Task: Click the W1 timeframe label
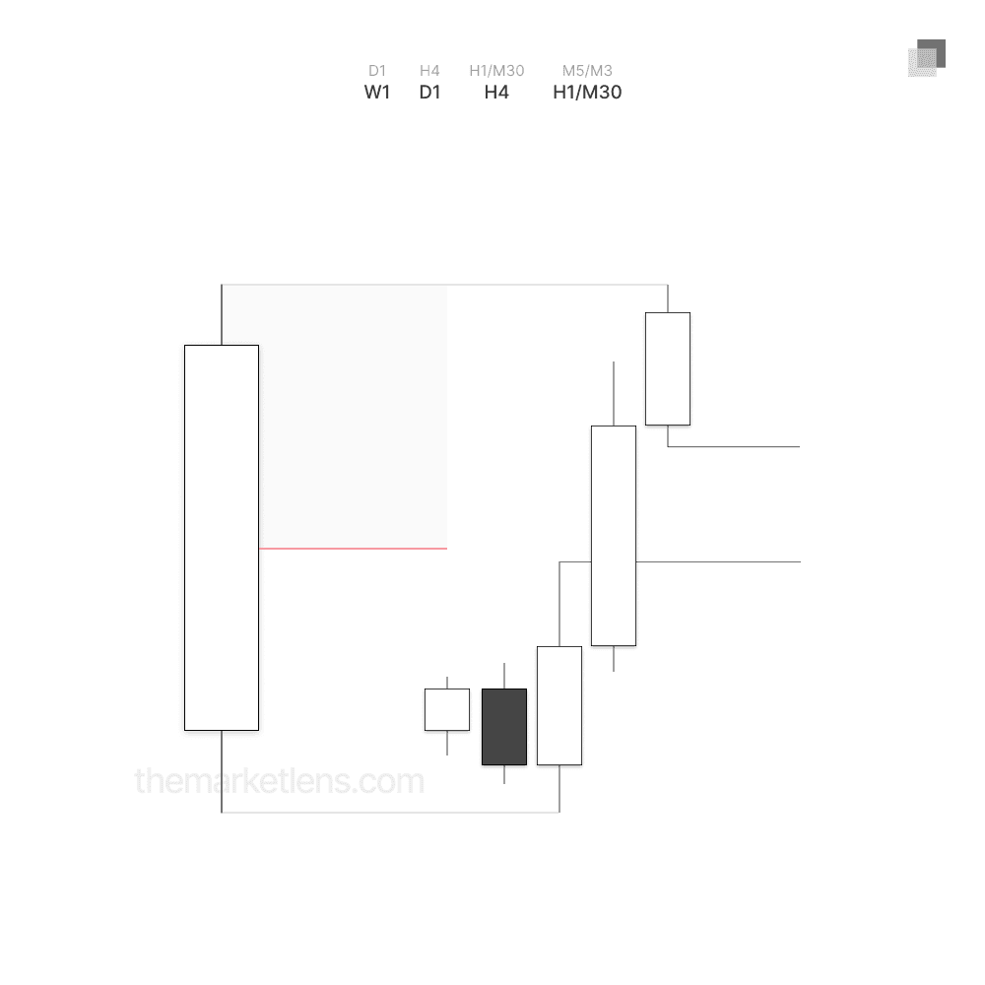click(377, 93)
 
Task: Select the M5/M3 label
click(587, 70)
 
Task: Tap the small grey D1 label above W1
click(377, 70)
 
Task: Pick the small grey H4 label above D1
click(429, 70)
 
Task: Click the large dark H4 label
click(496, 93)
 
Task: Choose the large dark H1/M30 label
click(587, 93)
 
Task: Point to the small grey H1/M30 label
click(496, 70)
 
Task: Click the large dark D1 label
click(429, 93)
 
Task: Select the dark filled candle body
click(504, 727)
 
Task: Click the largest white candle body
click(222, 538)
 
